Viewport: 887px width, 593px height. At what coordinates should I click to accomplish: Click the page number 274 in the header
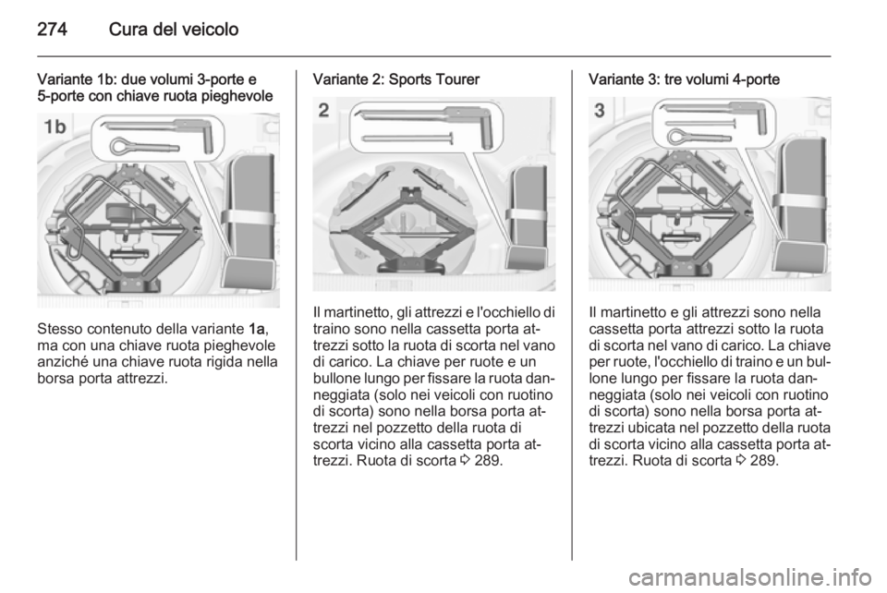pos(52,29)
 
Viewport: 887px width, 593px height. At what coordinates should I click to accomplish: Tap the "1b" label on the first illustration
pos(55,127)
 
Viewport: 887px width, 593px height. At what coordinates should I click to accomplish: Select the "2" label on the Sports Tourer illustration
pos(323,110)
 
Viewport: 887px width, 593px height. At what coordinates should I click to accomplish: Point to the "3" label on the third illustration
pos(599,110)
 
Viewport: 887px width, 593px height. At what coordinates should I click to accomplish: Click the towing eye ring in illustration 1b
pos(121,147)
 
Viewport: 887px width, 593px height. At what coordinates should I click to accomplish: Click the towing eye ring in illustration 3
pos(677,136)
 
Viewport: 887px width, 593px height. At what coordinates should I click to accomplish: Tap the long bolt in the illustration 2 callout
pos(407,138)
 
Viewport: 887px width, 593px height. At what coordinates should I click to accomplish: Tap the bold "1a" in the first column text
pos(256,329)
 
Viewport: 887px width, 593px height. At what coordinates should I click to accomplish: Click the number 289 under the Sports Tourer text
pos(488,461)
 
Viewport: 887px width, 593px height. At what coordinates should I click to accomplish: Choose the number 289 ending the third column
pos(764,461)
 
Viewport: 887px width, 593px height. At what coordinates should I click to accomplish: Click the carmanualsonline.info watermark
pos(749,577)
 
